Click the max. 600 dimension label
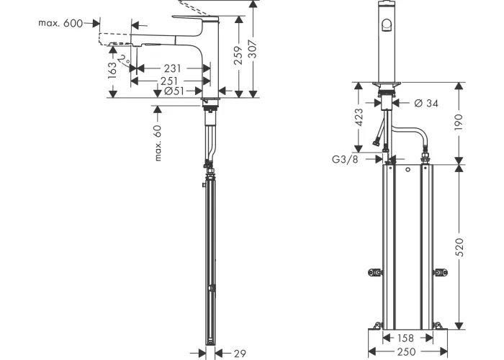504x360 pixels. click(60, 23)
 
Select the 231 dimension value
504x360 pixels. click(173, 68)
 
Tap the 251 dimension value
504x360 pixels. click(168, 81)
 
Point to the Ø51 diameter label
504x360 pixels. click(174, 91)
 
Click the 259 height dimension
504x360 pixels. click(238, 55)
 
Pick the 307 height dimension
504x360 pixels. click(253, 49)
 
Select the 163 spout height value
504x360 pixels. click(112, 71)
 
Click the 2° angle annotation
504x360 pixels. click(124, 60)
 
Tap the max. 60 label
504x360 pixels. click(158, 143)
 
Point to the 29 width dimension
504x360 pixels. click(240, 354)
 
